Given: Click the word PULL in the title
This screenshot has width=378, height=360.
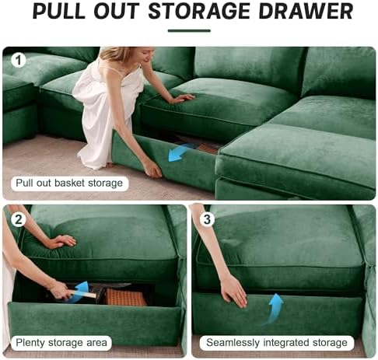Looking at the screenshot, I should [59, 12].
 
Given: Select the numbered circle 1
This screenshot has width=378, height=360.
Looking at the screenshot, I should [18, 59].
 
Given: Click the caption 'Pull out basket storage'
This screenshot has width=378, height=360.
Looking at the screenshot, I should [68, 183].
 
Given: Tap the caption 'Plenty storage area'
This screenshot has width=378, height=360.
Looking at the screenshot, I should [62, 341].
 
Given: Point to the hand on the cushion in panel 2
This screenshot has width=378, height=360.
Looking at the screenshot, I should [61, 241].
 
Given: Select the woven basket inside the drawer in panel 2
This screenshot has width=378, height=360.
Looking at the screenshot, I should [124, 298].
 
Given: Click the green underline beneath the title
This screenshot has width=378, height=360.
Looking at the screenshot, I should [188, 31].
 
